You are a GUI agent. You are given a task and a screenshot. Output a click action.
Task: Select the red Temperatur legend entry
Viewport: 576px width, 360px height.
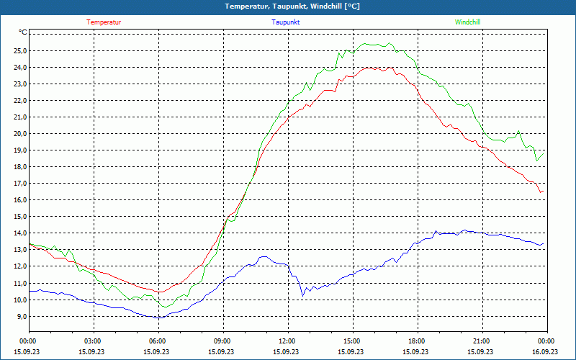pyautogui.click(x=104, y=22)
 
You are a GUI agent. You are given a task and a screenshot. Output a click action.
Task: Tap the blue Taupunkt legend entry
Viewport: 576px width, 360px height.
pyautogui.click(x=286, y=22)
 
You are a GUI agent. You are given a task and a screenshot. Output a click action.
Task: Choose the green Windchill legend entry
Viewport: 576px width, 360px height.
pyautogui.click(x=467, y=22)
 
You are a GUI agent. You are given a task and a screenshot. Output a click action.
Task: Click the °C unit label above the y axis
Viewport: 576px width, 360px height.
pyautogui.click(x=23, y=32)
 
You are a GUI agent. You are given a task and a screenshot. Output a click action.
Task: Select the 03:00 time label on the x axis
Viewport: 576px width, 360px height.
pyautogui.click(x=93, y=341)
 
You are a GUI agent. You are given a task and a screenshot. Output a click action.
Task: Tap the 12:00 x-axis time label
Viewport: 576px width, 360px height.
pyautogui.click(x=287, y=341)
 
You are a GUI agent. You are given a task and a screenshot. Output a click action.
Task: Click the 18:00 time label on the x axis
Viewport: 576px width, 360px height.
pyautogui.click(x=416, y=341)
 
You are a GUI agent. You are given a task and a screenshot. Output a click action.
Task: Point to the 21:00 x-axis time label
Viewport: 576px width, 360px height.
pyautogui.click(x=481, y=341)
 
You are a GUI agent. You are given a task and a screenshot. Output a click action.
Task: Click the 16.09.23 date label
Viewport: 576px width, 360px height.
pyautogui.click(x=545, y=352)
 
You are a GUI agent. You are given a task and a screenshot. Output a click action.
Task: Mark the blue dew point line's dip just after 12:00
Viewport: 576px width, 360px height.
pyautogui.click(x=303, y=295)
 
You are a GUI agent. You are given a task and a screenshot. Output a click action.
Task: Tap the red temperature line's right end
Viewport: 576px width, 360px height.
pyautogui.click(x=543, y=191)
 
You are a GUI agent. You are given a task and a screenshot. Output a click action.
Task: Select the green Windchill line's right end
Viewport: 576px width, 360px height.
pyautogui.click(x=543, y=153)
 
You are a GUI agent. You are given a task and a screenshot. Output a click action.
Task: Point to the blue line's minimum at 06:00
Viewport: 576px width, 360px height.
pyautogui.click(x=158, y=318)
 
